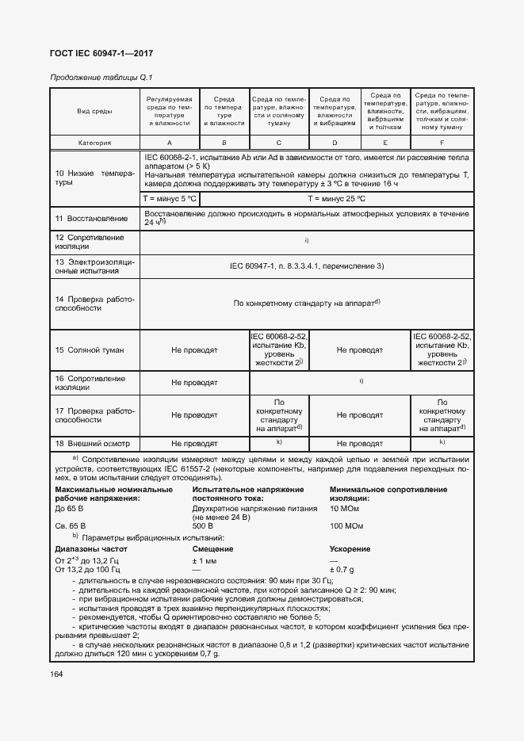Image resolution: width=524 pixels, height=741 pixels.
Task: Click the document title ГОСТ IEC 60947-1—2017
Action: [102, 53]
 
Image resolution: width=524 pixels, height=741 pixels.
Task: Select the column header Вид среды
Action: [94, 112]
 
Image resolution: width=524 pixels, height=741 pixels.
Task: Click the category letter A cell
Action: [169, 143]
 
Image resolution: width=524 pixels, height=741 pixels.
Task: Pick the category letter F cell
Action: [442, 143]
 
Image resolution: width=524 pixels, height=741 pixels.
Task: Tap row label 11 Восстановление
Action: [90, 218]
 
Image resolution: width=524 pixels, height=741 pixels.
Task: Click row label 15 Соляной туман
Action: [90, 349]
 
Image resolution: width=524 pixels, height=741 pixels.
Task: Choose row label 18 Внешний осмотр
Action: [92, 443]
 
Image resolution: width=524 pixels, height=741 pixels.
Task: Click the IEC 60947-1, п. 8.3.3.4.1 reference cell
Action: [306, 265]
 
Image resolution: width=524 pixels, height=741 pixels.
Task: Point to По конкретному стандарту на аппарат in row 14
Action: [306, 302]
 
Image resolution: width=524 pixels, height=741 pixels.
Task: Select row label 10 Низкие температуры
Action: [94, 177]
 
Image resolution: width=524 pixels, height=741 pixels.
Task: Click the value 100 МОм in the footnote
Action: [346, 525]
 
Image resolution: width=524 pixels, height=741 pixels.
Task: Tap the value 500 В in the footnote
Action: [202, 525]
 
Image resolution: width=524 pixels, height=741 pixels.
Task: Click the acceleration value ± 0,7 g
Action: [341, 570]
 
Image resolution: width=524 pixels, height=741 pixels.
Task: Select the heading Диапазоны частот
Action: [91, 548]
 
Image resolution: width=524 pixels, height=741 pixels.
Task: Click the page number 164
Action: [57, 674]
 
